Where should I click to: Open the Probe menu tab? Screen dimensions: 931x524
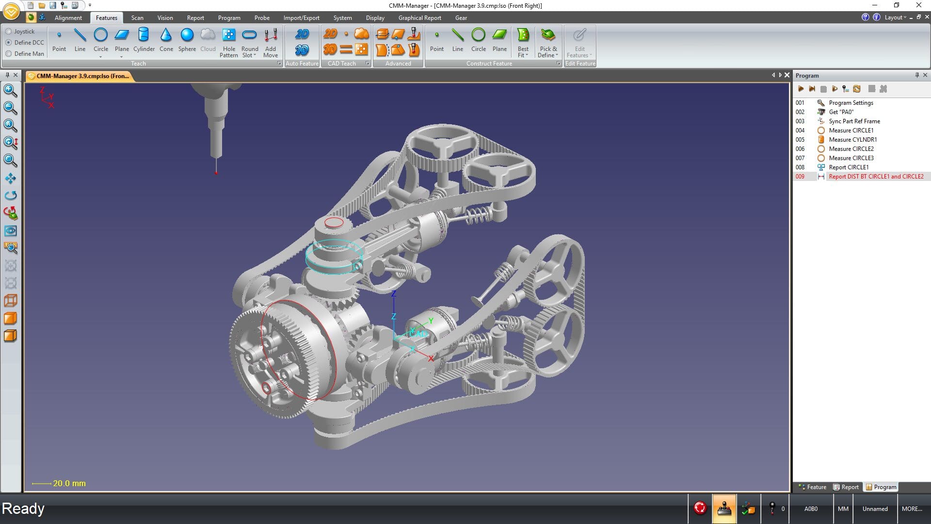(x=262, y=18)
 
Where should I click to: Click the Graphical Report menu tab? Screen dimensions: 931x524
(x=419, y=18)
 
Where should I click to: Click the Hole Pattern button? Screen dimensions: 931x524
(x=229, y=43)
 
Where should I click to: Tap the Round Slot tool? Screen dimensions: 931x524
(x=250, y=43)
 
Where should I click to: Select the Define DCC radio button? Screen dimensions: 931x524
(x=9, y=43)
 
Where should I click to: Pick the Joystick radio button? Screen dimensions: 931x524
(x=9, y=32)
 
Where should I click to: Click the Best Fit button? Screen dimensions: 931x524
(x=523, y=43)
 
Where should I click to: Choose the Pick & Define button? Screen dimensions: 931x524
(x=548, y=43)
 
